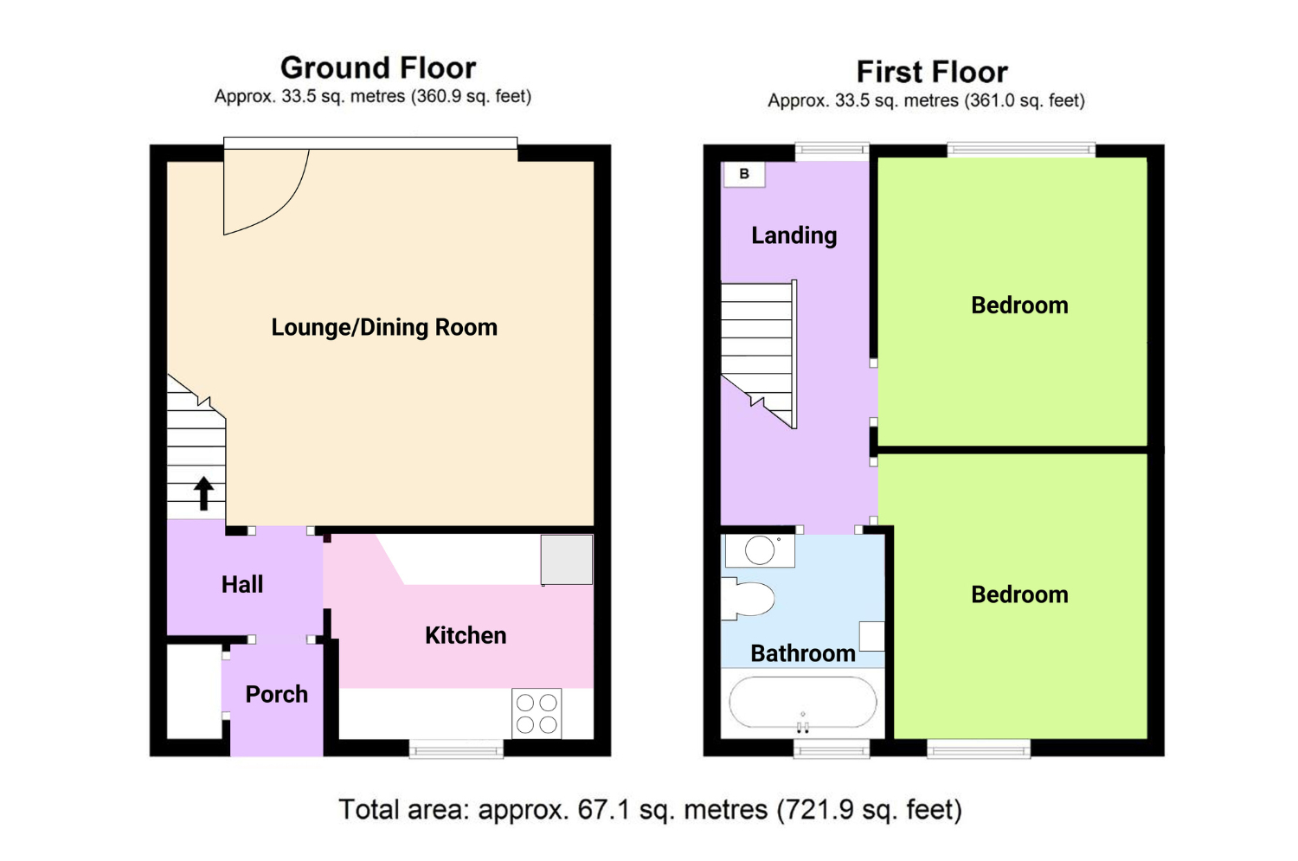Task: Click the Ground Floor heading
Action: tap(378, 68)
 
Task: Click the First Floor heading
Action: tap(932, 73)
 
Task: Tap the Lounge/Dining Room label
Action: tap(384, 328)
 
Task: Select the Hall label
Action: tap(242, 585)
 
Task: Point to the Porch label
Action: tap(276, 694)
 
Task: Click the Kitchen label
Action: tap(466, 636)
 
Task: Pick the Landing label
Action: tap(794, 236)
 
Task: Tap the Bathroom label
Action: tap(802, 653)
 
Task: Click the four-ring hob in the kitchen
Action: tap(537, 713)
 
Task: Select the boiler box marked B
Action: tap(744, 174)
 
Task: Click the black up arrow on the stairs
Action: tap(203, 493)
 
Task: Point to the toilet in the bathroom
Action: tap(748, 599)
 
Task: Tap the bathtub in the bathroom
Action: tap(802, 703)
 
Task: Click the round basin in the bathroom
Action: tap(760, 549)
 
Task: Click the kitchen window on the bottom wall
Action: tap(457, 749)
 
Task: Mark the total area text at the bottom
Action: tap(650, 809)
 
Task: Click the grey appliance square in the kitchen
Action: tap(567, 560)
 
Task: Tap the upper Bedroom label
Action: tap(1019, 305)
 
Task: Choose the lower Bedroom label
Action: tap(1019, 594)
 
